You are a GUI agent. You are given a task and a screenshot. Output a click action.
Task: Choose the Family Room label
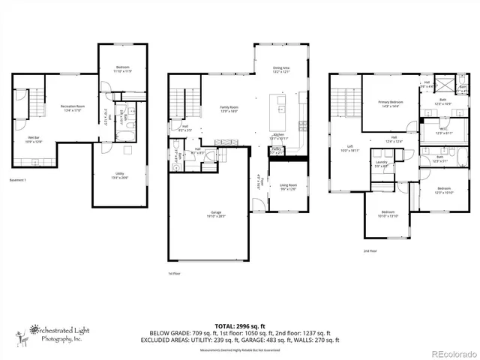228,109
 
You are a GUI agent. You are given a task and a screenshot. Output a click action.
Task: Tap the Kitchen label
279,136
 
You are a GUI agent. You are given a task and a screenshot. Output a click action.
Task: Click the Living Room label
289,187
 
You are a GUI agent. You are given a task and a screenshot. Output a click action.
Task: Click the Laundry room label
381,163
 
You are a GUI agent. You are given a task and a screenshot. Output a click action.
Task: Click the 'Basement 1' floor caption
18,180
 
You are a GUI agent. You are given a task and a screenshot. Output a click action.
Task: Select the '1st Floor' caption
174,274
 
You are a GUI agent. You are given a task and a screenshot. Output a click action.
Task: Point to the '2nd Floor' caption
370,251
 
